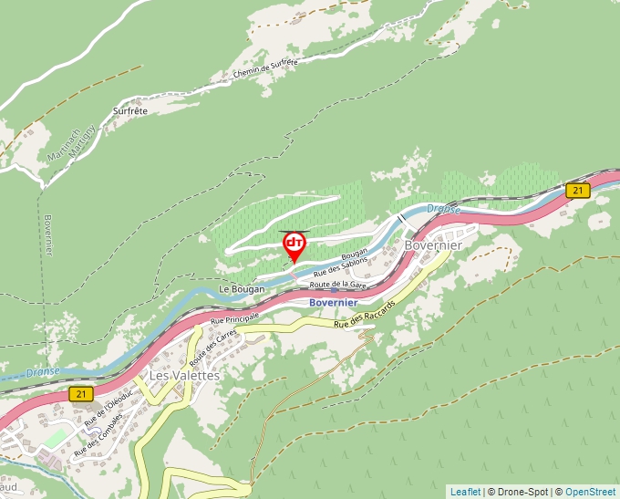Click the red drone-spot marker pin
pos(294,244)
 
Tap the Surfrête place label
pos(130,110)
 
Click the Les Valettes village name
pos(184,375)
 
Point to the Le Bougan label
pos(242,289)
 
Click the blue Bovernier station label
pos(333,302)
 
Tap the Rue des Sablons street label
pos(340,267)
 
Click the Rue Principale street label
pos(234,317)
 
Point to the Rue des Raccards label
pos(365,313)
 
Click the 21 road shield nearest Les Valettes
pos(83,393)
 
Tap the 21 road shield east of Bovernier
pos(576,191)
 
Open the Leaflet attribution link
pos(465,492)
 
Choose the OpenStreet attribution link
pos(591,492)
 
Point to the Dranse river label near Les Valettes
pos(43,372)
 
